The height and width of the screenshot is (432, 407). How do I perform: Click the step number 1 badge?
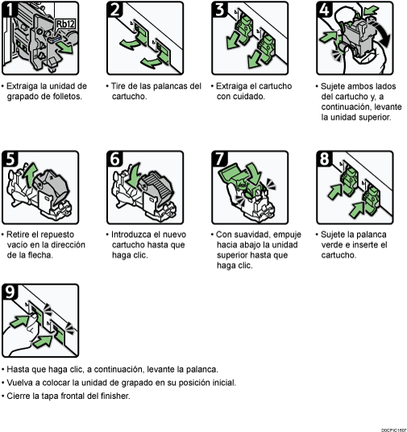[10, 10]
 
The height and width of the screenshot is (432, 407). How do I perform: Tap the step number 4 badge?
[324, 10]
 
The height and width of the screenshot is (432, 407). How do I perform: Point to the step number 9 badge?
[10, 292]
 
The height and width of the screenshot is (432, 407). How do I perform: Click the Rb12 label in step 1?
[65, 24]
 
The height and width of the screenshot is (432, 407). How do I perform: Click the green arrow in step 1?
[65, 48]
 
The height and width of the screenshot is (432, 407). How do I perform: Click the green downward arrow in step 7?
[254, 173]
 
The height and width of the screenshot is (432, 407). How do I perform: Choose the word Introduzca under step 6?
[131, 235]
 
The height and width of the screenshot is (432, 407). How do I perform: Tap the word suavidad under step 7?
[246, 235]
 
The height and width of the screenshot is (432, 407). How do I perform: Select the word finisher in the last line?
[115, 396]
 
